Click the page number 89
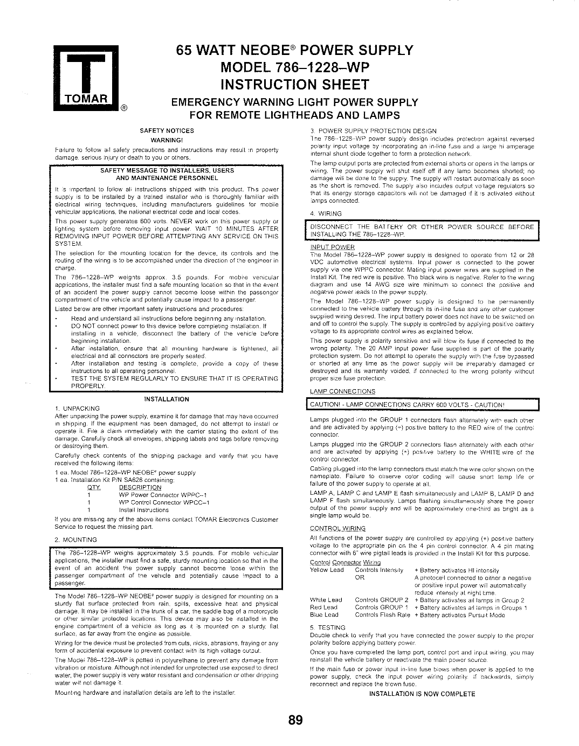[x=295, y=720]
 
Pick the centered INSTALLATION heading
[x=167, y=399]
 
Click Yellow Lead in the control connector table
[x=327, y=570]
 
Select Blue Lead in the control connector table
[x=325, y=614]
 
